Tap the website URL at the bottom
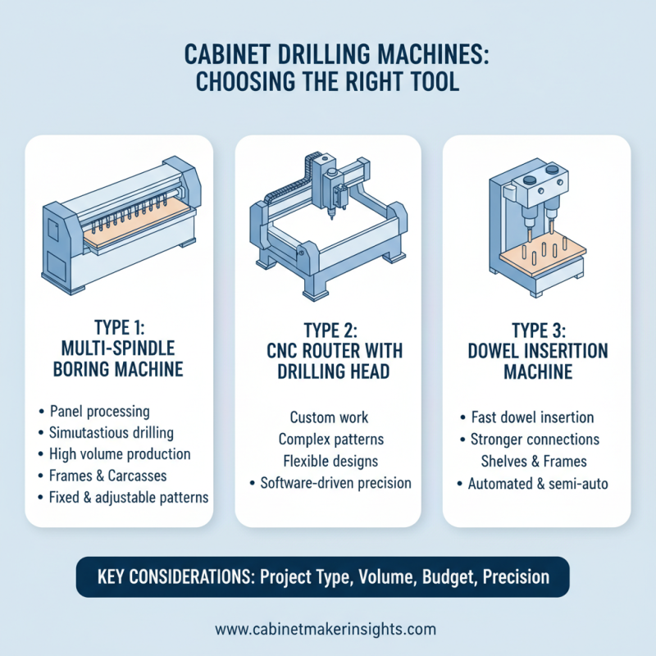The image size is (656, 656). point(326,630)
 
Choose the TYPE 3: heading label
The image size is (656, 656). point(536,332)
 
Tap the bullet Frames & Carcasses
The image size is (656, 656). point(120,476)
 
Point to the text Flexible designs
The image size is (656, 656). point(328,461)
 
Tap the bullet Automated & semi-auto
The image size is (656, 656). point(536,484)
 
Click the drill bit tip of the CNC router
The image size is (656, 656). point(330,218)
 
